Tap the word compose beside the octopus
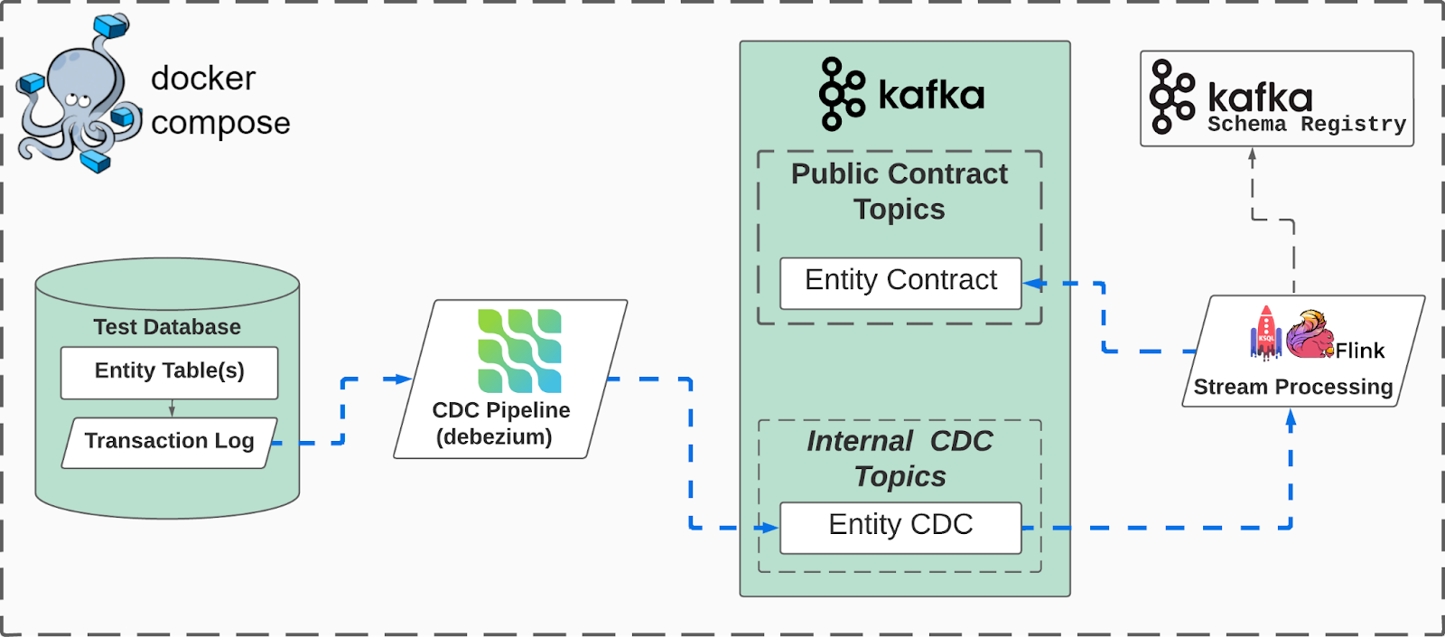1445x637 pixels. (x=220, y=123)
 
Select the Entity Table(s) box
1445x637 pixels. (x=169, y=371)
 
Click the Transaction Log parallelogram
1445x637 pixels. (x=169, y=441)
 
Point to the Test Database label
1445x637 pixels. (x=167, y=327)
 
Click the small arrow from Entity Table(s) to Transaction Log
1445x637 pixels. (x=172, y=408)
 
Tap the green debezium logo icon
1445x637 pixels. (x=519, y=351)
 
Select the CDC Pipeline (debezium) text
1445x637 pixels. (x=500, y=423)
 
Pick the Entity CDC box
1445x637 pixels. (x=900, y=527)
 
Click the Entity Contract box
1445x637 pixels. (x=900, y=282)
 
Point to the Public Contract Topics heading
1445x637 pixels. (x=900, y=191)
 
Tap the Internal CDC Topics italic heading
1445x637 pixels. (x=900, y=458)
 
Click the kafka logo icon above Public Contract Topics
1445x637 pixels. (x=841, y=94)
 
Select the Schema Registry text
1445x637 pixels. (x=1307, y=125)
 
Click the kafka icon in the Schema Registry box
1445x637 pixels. (x=1171, y=97)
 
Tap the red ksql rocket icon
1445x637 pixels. (x=1265, y=333)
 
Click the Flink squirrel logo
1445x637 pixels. (x=1310, y=334)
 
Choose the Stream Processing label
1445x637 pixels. (x=1292, y=387)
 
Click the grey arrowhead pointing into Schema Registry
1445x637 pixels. (x=1252, y=155)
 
